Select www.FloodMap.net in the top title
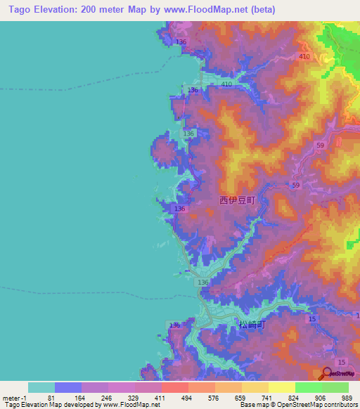[x=214, y=10]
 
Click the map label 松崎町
[x=252, y=325]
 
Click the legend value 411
[x=161, y=397]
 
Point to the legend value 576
[x=214, y=397]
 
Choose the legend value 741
[x=268, y=397]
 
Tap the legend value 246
[x=108, y=397]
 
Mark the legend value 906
[x=321, y=397]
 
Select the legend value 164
[x=81, y=397]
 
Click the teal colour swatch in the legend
[x=41, y=387]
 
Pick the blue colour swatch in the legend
[x=68, y=387]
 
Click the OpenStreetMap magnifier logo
[x=328, y=373]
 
